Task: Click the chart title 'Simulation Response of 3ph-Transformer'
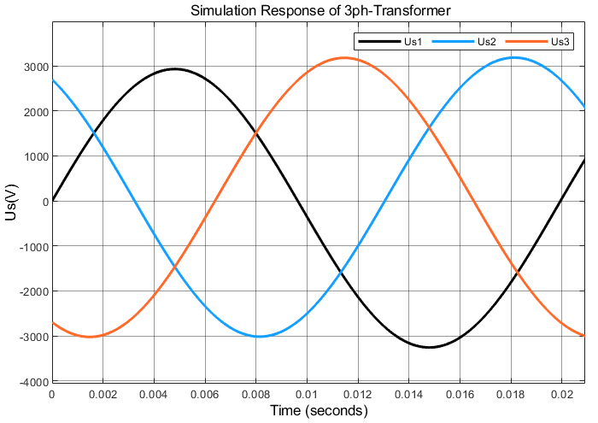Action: pos(319,10)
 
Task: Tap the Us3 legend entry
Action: pos(538,41)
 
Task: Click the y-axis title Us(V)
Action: pos(11,202)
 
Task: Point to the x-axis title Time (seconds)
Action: pos(319,411)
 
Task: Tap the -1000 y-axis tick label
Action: pos(32,247)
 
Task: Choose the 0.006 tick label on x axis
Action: pos(205,395)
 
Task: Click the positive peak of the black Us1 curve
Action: pos(174,69)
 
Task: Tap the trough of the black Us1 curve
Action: pos(429,347)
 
